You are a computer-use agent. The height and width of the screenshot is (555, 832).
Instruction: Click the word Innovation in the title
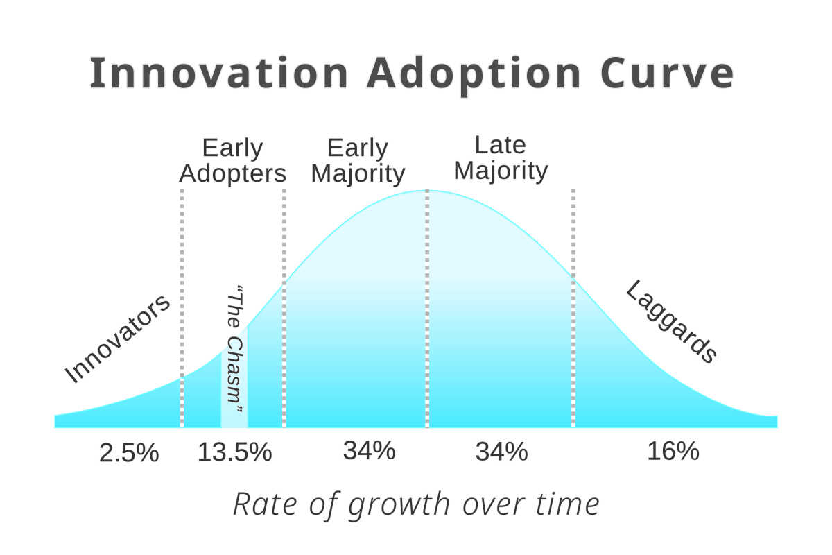[x=218, y=74]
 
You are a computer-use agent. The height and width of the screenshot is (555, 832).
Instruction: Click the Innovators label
[x=117, y=340]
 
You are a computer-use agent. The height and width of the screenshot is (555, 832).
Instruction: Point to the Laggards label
[x=670, y=321]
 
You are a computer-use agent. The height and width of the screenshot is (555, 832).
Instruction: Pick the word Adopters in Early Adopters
[x=233, y=173]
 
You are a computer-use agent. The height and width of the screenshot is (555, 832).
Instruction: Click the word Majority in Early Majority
[x=358, y=173]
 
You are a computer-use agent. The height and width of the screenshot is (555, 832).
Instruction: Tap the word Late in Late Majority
[x=500, y=146]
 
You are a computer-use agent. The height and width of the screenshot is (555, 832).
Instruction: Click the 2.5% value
[x=130, y=453]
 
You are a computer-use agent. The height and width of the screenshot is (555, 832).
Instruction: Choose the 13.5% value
[x=234, y=453]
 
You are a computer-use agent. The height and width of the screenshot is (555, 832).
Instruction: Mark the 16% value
[x=673, y=452]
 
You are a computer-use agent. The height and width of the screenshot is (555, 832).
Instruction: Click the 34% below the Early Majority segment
[x=369, y=452]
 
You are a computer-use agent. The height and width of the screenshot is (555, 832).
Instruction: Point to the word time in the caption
[x=573, y=504]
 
